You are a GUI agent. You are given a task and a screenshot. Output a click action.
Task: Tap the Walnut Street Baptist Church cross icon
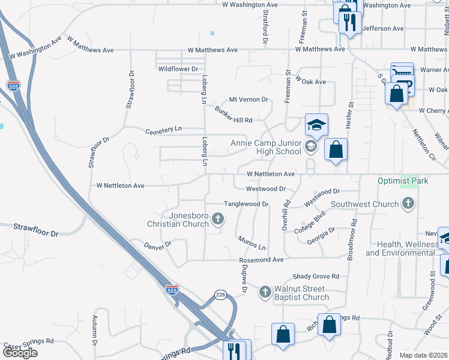pos(265,292)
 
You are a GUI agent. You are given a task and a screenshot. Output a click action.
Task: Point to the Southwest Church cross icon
pos(408,204)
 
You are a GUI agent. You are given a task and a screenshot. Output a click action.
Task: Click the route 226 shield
pos(220,295)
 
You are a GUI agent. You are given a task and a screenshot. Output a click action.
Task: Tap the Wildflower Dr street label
pos(178,69)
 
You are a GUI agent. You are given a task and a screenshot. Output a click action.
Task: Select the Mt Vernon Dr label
pos(249,100)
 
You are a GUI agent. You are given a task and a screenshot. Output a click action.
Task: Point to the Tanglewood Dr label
pos(246,204)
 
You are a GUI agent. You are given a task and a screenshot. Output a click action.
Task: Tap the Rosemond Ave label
pos(261,260)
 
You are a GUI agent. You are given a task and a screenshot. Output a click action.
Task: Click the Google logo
pos(20,353)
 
